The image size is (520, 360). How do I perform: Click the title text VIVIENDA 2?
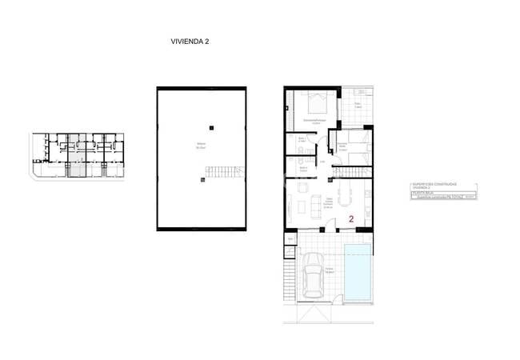tap(190, 41)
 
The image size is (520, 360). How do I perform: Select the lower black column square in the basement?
tap(203, 180)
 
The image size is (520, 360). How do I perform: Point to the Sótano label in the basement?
tap(202, 145)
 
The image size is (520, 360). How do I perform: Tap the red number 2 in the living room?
tap(350, 218)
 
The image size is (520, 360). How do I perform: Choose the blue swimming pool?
tap(358, 272)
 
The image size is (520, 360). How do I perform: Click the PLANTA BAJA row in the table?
tap(424, 193)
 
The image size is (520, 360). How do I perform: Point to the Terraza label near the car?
tap(329, 270)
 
